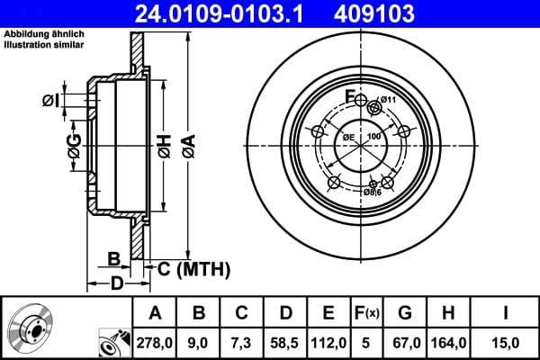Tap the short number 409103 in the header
click(x=386, y=13)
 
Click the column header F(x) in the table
click(x=367, y=312)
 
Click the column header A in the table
click(x=154, y=312)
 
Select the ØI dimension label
click(x=52, y=100)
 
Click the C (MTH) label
click(x=193, y=268)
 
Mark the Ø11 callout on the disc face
click(x=388, y=100)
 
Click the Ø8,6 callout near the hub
click(x=373, y=192)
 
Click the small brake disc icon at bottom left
click(x=31, y=328)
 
